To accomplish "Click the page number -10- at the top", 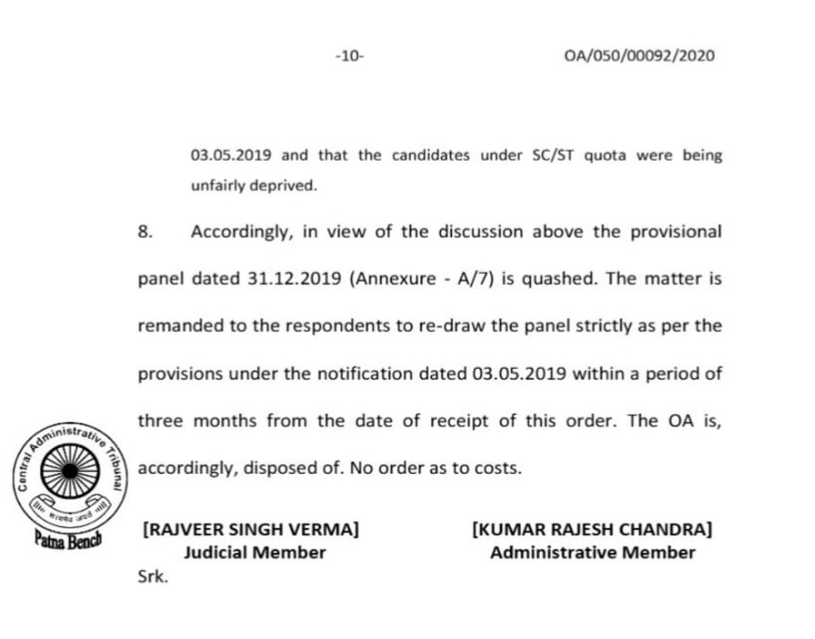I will [x=349, y=56].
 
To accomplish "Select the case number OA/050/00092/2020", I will [x=639, y=56].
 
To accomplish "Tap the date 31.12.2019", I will [x=293, y=278].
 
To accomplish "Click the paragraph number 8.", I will [x=145, y=232].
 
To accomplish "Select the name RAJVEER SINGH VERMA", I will [x=251, y=530].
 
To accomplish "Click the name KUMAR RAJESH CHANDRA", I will [x=592, y=530].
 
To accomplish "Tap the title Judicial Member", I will [x=255, y=553].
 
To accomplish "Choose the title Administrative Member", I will [x=592, y=553].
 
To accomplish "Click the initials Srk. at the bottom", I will [x=152, y=578].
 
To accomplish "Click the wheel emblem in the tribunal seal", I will [x=73, y=472].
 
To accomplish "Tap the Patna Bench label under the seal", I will [x=69, y=541].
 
